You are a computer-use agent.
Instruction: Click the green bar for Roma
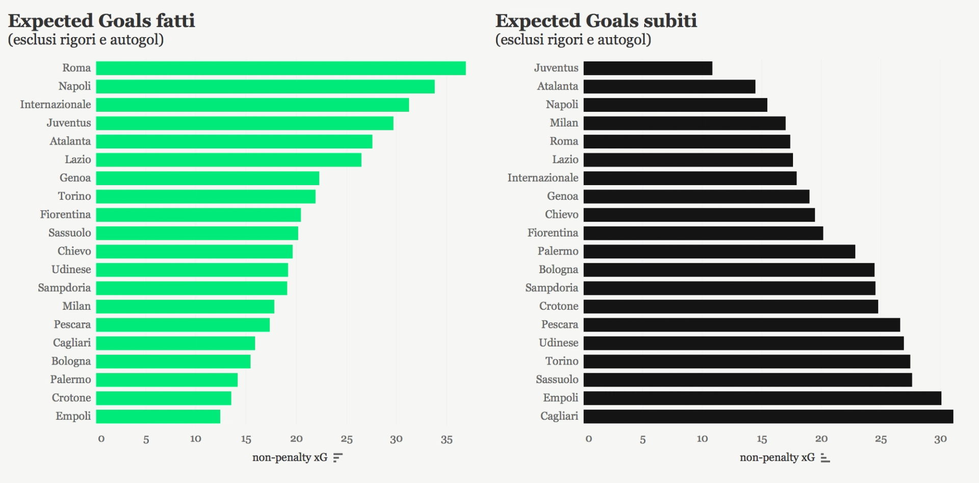(280, 68)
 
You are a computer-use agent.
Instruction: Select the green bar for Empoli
(158, 417)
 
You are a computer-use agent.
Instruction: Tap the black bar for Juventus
(648, 68)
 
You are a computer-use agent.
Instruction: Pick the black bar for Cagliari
(768, 417)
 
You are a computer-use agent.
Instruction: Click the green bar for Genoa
(208, 179)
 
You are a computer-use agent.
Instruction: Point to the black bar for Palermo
(719, 251)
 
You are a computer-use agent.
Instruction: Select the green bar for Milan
(185, 307)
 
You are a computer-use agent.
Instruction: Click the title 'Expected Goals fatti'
(101, 21)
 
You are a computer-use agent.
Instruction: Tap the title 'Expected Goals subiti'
(596, 21)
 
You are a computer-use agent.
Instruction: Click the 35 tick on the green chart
(446, 439)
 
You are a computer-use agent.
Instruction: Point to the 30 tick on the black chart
(940, 439)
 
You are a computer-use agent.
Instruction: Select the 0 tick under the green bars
(101, 439)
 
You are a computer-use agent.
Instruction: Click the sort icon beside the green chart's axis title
(338, 457)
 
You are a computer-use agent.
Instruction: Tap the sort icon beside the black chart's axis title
(825, 457)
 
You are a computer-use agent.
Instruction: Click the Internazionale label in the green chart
(56, 105)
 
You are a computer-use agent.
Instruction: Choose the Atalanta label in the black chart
(557, 86)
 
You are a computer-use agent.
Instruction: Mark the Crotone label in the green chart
(71, 398)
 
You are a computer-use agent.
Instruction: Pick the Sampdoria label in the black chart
(552, 288)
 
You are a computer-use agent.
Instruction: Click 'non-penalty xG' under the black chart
(777, 457)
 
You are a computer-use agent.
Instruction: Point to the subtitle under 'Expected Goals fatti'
(86, 40)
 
